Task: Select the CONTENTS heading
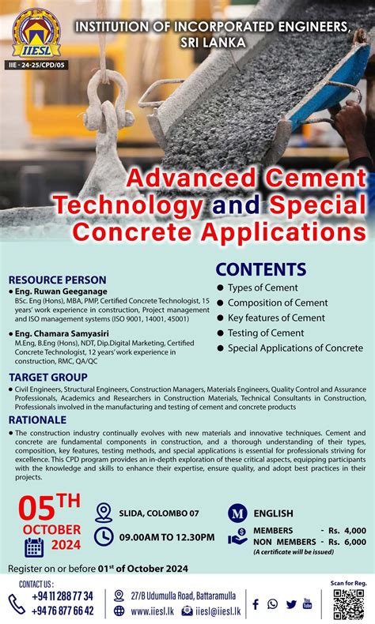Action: [x=260, y=269]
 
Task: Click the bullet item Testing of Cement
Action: [x=266, y=333]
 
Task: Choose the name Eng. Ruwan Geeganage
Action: [x=60, y=291]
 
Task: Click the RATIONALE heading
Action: [x=37, y=419]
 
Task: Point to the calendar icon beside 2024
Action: [x=34, y=547]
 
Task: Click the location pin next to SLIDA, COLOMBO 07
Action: [x=103, y=513]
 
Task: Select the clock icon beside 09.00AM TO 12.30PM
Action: [x=103, y=536]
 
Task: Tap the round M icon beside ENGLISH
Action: [x=237, y=513]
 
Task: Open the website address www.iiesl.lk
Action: [x=153, y=611]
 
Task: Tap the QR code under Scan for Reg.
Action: [x=349, y=604]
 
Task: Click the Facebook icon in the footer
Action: [x=256, y=604]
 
